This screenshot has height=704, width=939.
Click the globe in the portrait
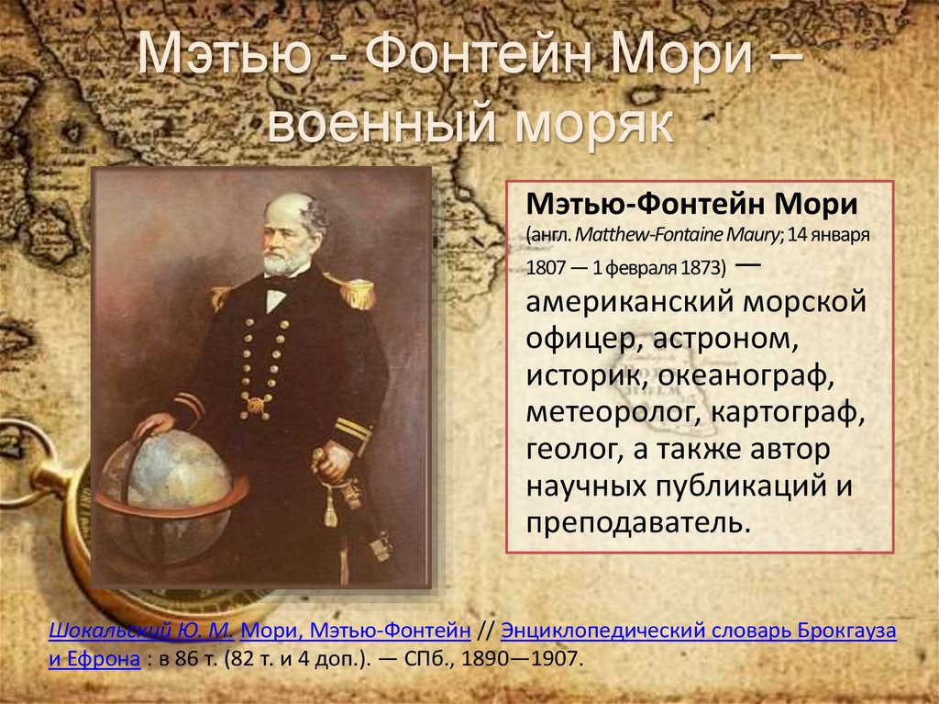click(x=170, y=496)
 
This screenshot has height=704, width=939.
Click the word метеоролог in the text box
click(x=607, y=413)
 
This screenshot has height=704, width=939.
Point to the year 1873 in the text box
click(x=702, y=269)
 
